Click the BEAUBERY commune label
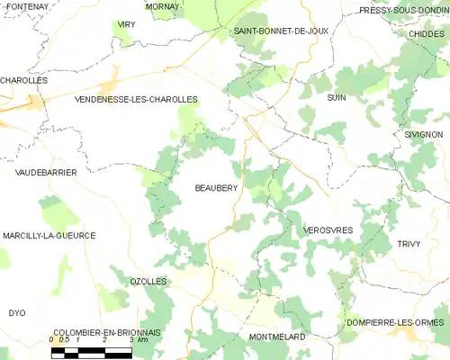click(216, 188)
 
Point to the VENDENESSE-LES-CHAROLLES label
click(136, 100)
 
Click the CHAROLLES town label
click(23, 80)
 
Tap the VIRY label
click(125, 25)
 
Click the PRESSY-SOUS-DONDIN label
click(404, 11)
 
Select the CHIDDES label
click(426, 34)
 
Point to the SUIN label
click(337, 97)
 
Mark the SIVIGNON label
click(423, 134)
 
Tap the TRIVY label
click(408, 244)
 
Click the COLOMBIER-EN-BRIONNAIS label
click(94, 332)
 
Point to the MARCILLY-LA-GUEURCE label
click(49, 235)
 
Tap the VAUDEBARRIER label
click(40, 171)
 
